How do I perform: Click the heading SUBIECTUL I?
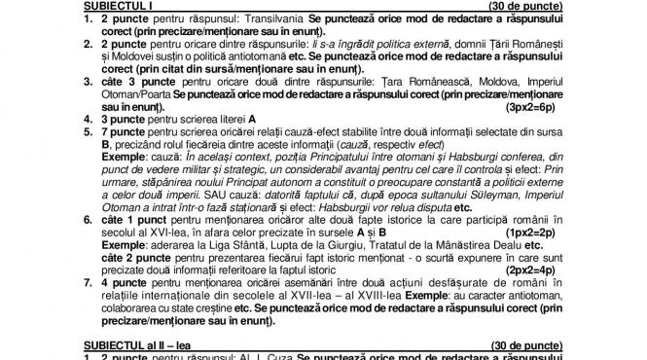pyautogui.click(x=111, y=9)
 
